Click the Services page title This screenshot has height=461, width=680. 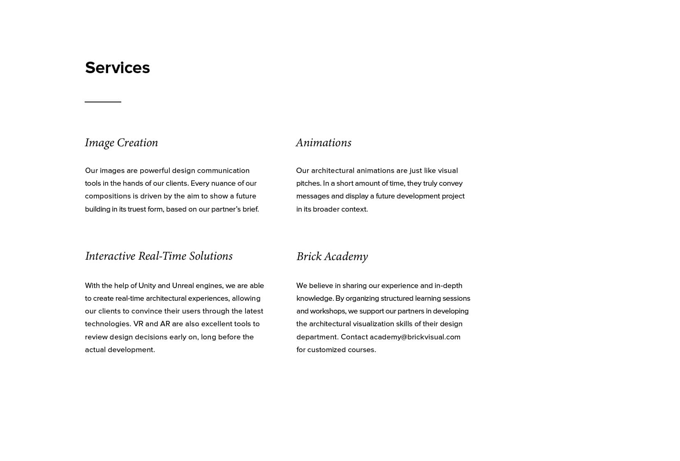point(117,68)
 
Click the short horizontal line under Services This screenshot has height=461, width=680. point(103,101)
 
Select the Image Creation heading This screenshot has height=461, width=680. point(121,143)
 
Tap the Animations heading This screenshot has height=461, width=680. point(324,143)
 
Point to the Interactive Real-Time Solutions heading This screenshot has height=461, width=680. point(159,256)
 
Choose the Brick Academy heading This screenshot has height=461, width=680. point(332,256)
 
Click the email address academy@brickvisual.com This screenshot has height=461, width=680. point(415,337)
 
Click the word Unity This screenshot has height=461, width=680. point(147,286)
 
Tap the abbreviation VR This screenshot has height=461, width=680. point(138,324)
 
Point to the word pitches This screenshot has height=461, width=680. point(308,183)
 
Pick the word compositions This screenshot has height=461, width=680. point(108,196)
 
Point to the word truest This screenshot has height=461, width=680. point(136,209)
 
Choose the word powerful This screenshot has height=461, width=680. point(155,171)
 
